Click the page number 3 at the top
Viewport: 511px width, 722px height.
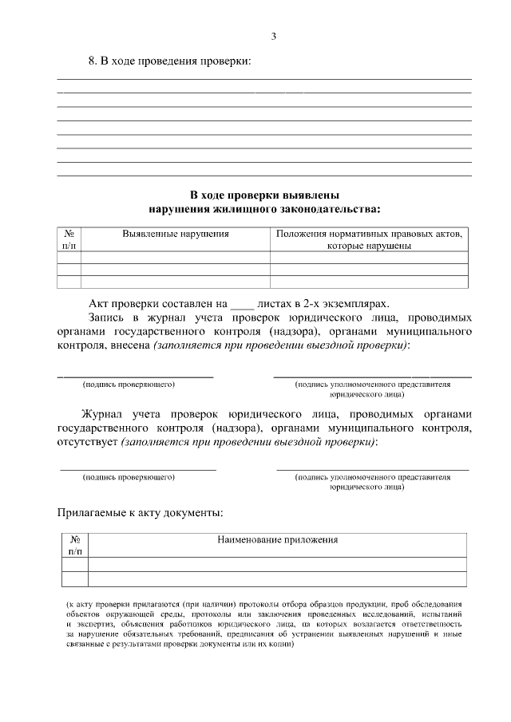click(273, 37)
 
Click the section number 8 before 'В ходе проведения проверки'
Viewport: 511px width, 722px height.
click(91, 61)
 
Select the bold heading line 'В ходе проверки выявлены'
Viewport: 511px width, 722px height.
click(264, 195)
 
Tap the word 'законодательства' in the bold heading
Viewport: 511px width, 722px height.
click(325, 209)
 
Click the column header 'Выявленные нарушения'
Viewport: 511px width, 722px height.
click(176, 235)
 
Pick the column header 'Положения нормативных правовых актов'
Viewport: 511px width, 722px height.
click(368, 235)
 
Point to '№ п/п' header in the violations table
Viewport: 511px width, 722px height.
click(69, 240)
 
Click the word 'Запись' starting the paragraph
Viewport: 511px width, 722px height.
click(105, 318)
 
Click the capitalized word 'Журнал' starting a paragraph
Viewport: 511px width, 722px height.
click(104, 414)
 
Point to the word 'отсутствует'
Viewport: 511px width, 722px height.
click(87, 442)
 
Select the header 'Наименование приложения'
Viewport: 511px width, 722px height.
click(277, 540)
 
